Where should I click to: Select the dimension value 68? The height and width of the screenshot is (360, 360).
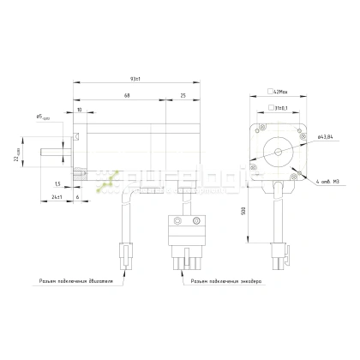tap(127, 95)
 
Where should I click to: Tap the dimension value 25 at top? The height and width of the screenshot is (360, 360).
tap(183, 95)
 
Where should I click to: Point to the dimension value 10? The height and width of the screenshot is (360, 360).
tap(80, 111)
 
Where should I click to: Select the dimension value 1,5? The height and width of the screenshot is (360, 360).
tap(57, 184)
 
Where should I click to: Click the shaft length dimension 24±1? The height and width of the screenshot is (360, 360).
tap(58, 197)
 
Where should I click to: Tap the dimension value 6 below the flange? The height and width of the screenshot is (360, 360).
tap(79, 197)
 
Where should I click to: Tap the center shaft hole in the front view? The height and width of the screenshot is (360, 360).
tap(275, 152)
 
